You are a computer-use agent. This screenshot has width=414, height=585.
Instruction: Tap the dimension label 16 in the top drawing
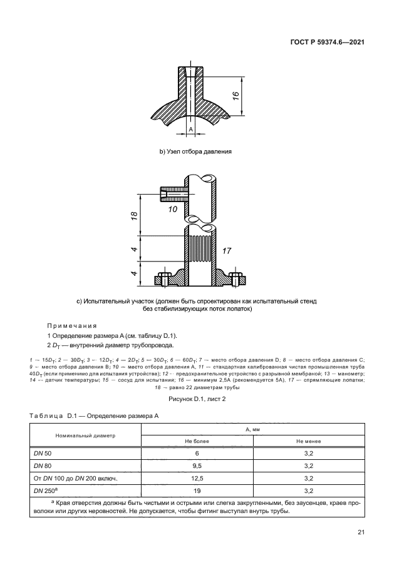[x=235, y=95]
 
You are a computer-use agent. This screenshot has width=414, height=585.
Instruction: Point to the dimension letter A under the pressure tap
[x=191, y=130]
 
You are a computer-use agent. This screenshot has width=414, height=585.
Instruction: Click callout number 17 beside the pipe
[x=227, y=250]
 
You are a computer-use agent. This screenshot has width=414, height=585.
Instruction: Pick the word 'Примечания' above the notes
[x=71, y=325]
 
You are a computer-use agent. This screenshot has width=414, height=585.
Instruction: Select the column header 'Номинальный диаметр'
[x=85, y=434]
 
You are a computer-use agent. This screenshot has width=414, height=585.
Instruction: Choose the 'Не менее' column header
[x=309, y=440]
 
